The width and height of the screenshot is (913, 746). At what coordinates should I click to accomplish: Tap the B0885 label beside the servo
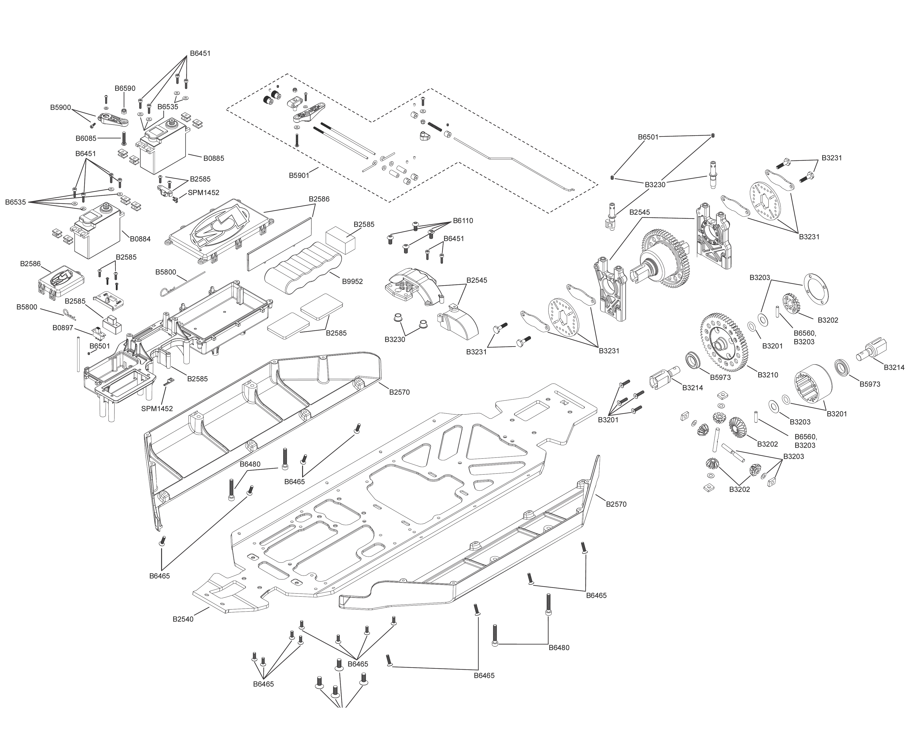[x=214, y=158]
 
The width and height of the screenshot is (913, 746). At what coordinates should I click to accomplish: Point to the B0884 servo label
[x=140, y=239]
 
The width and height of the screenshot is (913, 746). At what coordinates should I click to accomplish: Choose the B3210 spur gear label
[x=768, y=375]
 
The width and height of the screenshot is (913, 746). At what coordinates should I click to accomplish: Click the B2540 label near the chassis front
[x=183, y=619]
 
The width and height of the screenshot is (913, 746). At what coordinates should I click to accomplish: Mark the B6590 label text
[x=125, y=89]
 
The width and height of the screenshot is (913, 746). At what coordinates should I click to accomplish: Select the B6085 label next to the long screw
[x=86, y=138]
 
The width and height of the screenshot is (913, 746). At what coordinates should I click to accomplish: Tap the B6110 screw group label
[x=463, y=221]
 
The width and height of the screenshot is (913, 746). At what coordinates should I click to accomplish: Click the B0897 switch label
[x=63, y=328]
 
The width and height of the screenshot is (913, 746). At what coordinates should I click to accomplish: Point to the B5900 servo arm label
[x=60, y=107]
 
